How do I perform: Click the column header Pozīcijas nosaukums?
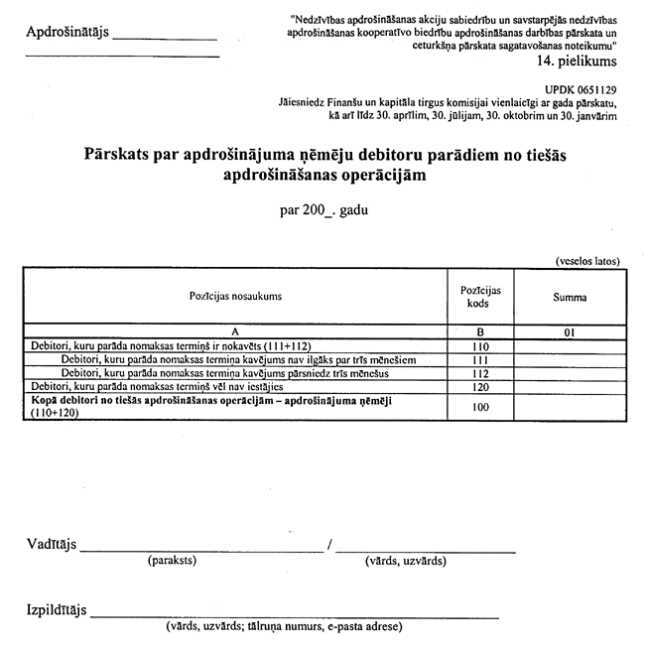pyautogui.click(x=235, y=296)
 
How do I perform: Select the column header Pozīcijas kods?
pyautogui.click(x=479, y=296)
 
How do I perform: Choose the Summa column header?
pyautogui.click(x=570, y=297)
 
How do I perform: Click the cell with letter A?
pyautogui.click(x=235, y=332)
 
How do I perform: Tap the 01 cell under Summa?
pyautogui.click(x=570, y=332)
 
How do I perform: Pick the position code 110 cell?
pyautogui.click(x=479, y=346)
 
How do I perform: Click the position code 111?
pyautogui.click(x=479, y=359)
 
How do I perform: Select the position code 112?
pyautogui.click(x=479, y=373)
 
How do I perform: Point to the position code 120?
pyautogui.click(x=479, y=386)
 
